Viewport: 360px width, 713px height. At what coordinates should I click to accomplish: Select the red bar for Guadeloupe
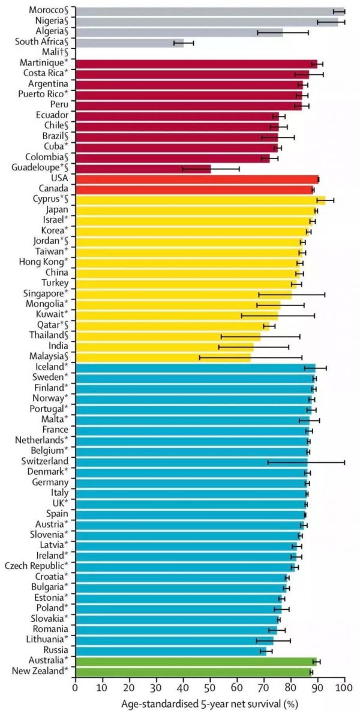143,168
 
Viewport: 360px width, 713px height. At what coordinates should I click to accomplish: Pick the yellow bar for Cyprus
200,200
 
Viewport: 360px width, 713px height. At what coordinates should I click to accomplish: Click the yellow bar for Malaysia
163,357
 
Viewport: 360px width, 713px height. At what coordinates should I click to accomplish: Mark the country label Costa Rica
45,74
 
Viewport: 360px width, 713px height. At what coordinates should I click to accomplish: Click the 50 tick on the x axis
210,687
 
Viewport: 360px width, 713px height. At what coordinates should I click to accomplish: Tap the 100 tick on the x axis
344,687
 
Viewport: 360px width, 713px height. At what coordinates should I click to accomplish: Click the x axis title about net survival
209,703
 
